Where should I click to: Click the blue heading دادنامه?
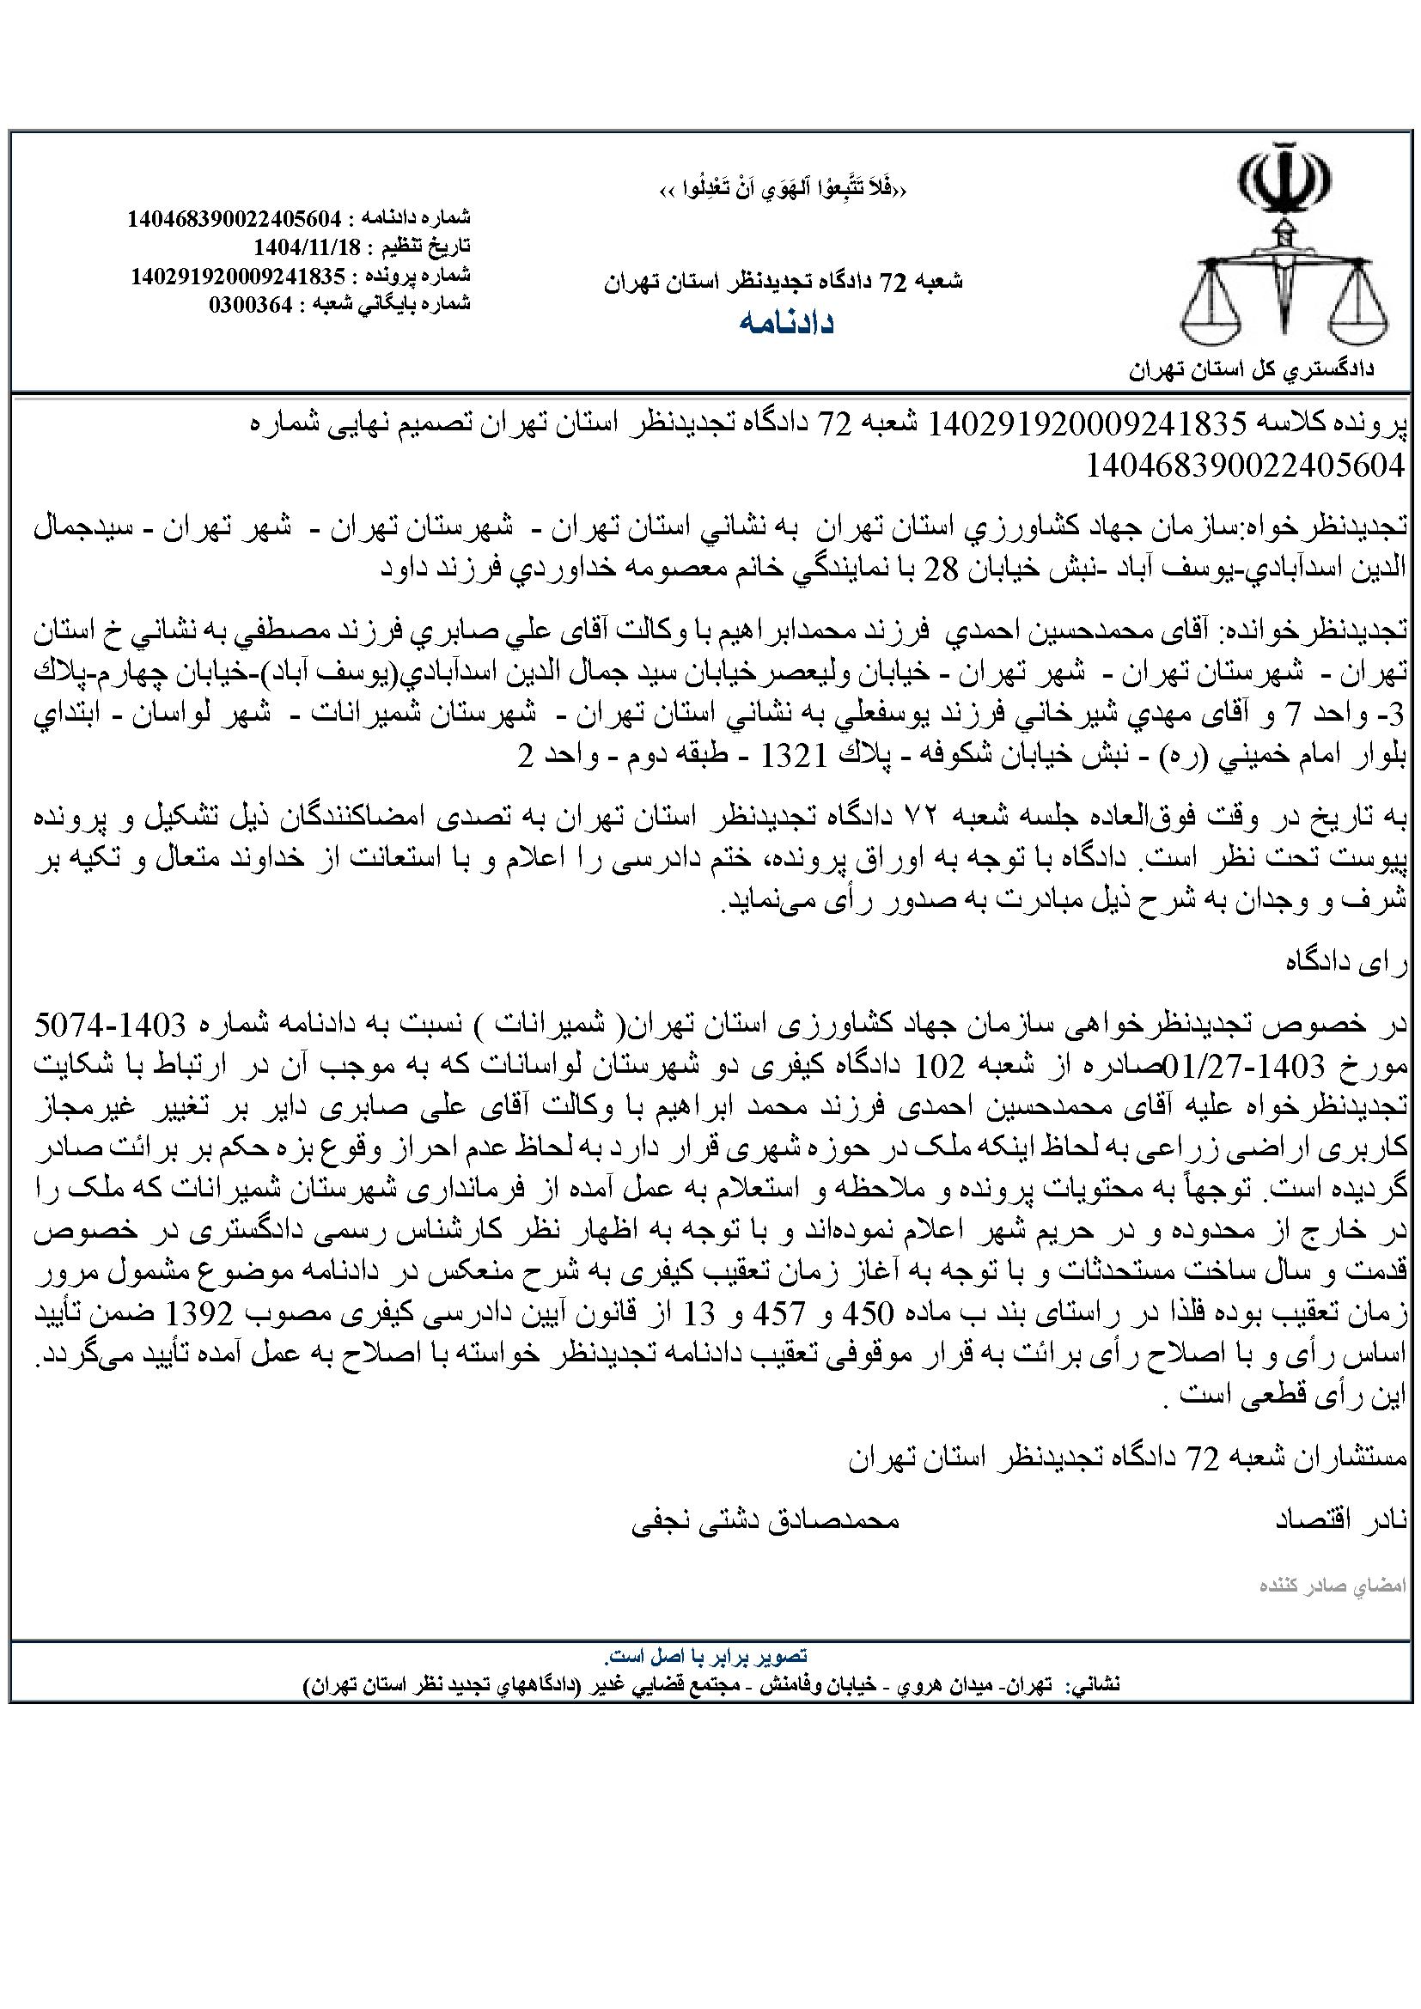click(787, 323)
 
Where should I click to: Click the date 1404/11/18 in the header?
click(310, 244)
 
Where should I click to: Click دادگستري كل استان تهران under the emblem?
click(1251, 369)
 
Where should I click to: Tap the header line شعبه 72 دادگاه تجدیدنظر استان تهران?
click(783, 282)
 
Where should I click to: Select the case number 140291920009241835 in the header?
click(239, 275)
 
